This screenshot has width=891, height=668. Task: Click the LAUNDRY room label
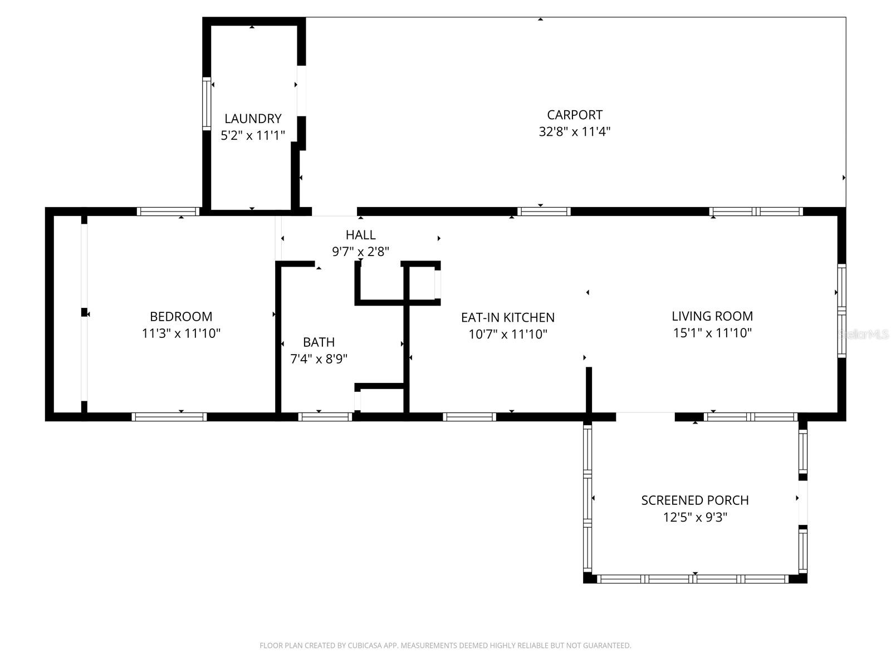point(253,119)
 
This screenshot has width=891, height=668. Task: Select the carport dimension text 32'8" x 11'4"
point(575,132)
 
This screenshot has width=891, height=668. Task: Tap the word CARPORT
point(575,115)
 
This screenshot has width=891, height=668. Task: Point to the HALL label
point(360,235)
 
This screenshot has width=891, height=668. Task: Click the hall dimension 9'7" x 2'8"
point(360,252)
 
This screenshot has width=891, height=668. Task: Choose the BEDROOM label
point(181,317)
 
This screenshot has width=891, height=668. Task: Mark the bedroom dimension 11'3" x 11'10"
point(181,333)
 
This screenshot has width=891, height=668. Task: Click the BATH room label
point(319,342)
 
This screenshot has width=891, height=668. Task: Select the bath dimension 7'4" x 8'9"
point(319,359)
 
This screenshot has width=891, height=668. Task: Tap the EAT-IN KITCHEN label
point(507,317)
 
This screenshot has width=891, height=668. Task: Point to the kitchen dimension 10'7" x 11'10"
point(507,334)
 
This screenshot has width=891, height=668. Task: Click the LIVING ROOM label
point(712,316)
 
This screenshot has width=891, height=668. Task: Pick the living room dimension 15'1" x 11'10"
point(712,333)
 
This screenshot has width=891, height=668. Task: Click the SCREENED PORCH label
point(694,500)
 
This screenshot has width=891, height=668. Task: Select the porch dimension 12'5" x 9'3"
point(694,517)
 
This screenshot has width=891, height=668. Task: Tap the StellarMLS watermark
point(864,334)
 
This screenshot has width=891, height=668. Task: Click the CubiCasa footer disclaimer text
point(445,646)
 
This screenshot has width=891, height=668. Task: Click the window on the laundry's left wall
point(206,104)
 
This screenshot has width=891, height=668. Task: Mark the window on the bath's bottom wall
point(325,416)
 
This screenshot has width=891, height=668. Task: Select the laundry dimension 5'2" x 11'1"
point(253,135)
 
